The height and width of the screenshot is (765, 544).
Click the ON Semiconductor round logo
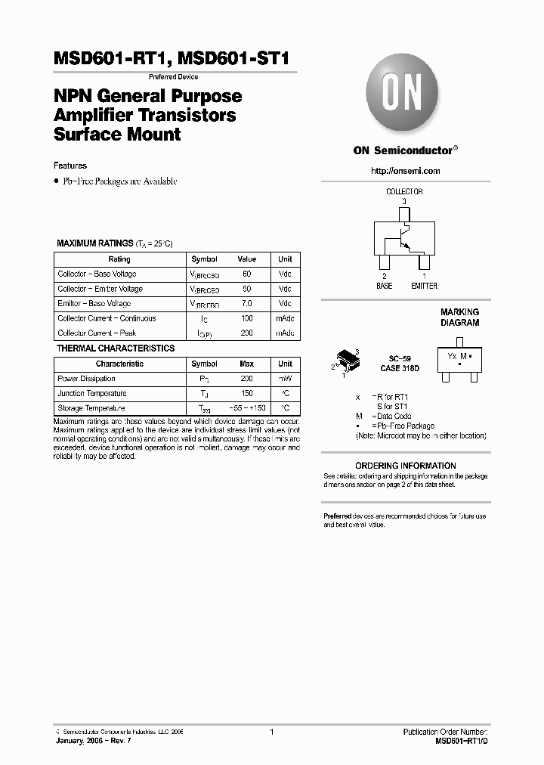tap(404, 98)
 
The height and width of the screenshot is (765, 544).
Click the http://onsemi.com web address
tap(405, 171)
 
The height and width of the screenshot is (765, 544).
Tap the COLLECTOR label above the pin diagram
tap(404, 192)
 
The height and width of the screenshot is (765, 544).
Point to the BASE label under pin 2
tap(385, 286)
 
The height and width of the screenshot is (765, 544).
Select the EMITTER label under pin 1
tap(424, 286)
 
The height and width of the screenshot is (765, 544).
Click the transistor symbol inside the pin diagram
tap(400, 240)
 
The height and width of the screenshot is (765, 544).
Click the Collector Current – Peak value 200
tap(246, 333)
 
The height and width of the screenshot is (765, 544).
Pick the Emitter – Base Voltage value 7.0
tap(246, 304)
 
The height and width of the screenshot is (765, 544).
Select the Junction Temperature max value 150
tap(246, 394)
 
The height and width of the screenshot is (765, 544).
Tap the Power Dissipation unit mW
tap(285, 379)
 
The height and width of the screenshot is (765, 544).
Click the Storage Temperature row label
tap(91, 408)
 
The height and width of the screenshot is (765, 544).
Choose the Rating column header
tap(119, 259)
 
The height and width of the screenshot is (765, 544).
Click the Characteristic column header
tap(119, 364)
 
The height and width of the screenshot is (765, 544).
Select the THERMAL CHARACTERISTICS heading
tap(116, 348)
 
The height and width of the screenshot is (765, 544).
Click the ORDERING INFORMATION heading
tap(405, 466)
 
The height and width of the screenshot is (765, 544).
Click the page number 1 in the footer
tap(271, 732)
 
